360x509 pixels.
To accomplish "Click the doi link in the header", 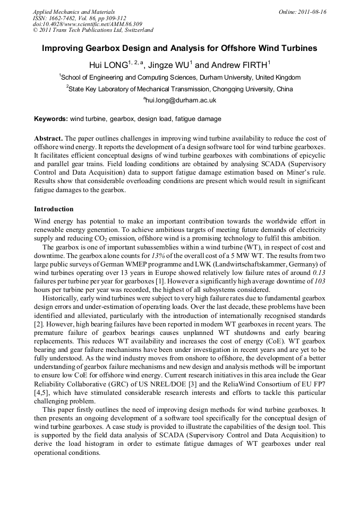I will pyautogui.click(x=80, y=24).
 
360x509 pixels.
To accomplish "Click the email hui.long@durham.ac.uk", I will pyautogui.click(x=181, y=100).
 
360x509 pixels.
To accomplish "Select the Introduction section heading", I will pyautogui.click(x=54, y=209).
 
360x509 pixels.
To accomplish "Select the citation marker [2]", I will pyautogui.click(x=38, y=324).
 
